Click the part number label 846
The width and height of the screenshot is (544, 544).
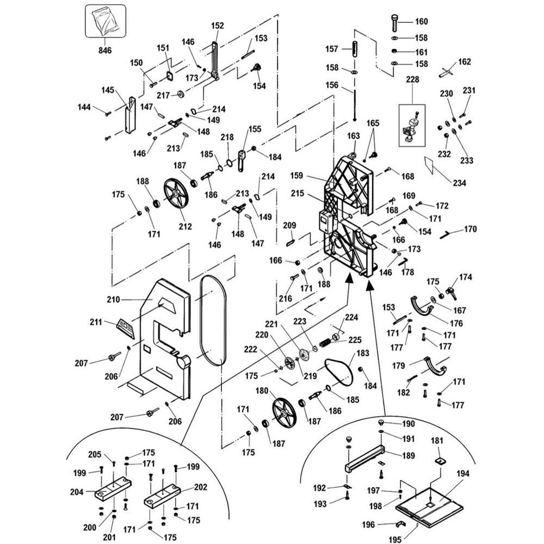[105, 50]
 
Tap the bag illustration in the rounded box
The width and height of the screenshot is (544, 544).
[105, 21]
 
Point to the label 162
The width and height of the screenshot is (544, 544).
[464, 61]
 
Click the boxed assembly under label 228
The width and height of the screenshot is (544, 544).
[412, 125]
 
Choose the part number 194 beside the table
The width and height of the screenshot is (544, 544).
[462, 474]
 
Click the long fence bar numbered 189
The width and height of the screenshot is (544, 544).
[364, 458]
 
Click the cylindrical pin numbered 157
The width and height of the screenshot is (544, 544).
[355, 48]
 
